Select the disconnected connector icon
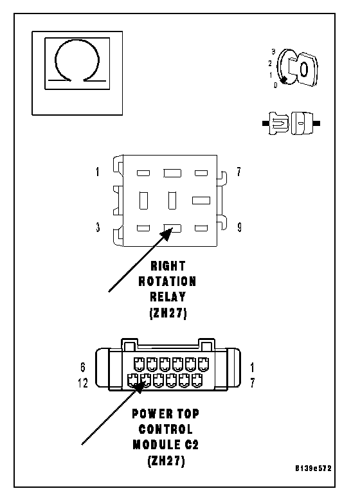click(291, 123)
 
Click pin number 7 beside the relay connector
click(239, 172)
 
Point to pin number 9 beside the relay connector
click(239, 228)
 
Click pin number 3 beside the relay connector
click(98, 228)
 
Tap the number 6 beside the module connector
click(83, 368)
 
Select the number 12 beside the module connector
click(83, 383)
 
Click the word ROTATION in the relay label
click(167, 281)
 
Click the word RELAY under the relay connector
click(168, 297)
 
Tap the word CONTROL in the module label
click(166, 429)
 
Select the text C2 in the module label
click(192, 445)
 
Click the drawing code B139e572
click(313, 469)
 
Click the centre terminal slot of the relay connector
click(172, 201)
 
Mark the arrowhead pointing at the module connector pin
click(139, 386)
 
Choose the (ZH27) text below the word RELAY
click(168, 313)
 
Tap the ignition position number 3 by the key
click(273, 51)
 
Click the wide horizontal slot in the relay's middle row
click(201, 201)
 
